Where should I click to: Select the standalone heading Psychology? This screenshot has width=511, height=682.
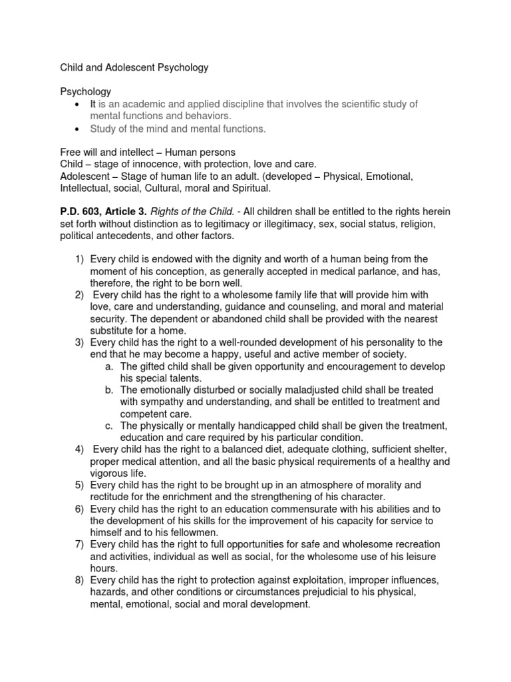click(x=86, y=91)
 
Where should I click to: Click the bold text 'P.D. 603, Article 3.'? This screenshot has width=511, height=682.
click(x=103, y=211)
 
